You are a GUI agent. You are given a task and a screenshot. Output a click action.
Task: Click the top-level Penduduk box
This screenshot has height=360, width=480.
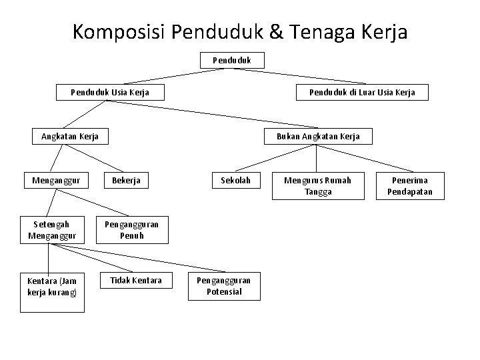[x=233, y=60]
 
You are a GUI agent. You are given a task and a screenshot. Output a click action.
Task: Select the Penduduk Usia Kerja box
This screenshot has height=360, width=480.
[x=109, y=92]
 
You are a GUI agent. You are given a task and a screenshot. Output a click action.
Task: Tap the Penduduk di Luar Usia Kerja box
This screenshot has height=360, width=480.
[x=362, y=92]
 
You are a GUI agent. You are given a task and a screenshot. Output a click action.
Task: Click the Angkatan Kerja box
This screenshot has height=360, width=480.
[x=70, y=136]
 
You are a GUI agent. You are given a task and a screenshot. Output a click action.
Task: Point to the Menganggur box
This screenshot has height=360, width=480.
[x=56, y=180]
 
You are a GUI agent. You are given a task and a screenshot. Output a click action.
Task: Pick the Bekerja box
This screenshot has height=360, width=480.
[x=127, y=180]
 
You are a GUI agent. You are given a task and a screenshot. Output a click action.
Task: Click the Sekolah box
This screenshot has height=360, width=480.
[x=236, y=180]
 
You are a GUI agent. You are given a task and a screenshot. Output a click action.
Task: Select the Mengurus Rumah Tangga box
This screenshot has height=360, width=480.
[x=317, y=186]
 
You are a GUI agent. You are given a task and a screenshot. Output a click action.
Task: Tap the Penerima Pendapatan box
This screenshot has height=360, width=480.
[x=410, y=186]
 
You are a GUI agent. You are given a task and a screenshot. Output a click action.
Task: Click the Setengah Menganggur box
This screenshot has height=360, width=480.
[x=52, y=230]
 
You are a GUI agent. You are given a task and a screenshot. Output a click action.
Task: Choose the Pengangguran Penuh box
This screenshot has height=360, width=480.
[x=131, y=230]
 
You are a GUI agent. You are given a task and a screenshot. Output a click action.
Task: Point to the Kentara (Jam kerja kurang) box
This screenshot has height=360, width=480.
[x=52, y=287]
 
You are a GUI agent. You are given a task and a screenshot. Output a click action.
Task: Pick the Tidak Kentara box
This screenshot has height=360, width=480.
[x=136, y=280]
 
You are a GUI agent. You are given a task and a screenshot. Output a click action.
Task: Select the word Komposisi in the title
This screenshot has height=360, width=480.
[x=119, y=31]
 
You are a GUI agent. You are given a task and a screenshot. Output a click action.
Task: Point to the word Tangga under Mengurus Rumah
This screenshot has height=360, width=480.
[x=317, y=192]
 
